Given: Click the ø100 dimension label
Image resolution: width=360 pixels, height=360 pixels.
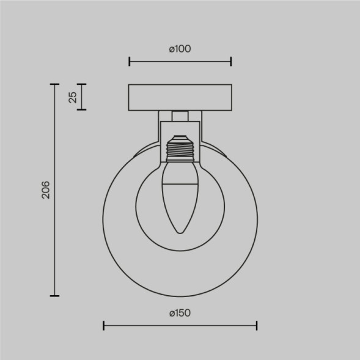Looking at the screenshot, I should pos(180,49).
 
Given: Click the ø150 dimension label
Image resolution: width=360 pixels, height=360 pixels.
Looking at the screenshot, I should pos(180,313).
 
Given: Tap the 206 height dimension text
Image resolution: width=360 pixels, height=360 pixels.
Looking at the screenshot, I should pos(45,190).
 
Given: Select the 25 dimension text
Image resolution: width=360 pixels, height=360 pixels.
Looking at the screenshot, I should pos(72,97).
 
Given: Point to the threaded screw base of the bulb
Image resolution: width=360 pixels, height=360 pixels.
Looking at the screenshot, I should pos(180,147).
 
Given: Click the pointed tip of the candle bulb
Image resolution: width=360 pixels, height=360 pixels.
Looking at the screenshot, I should pos(180,232).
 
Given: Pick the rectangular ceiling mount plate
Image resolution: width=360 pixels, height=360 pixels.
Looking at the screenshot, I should pos(180,97).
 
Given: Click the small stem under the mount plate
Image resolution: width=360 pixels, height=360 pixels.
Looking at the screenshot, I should pos(180,116).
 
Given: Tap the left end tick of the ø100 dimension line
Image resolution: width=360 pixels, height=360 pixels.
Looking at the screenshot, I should pos(129,61).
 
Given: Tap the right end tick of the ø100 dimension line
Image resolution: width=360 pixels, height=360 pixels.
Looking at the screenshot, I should pos(231,61).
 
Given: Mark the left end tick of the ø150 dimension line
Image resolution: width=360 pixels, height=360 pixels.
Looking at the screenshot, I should pos(103,325).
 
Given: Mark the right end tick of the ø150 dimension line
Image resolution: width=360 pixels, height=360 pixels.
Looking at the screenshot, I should pos(257,325).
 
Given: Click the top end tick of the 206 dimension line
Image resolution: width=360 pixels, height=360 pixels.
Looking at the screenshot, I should pos(55,84).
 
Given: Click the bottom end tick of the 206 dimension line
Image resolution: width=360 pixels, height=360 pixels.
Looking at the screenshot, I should pos(55,296).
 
